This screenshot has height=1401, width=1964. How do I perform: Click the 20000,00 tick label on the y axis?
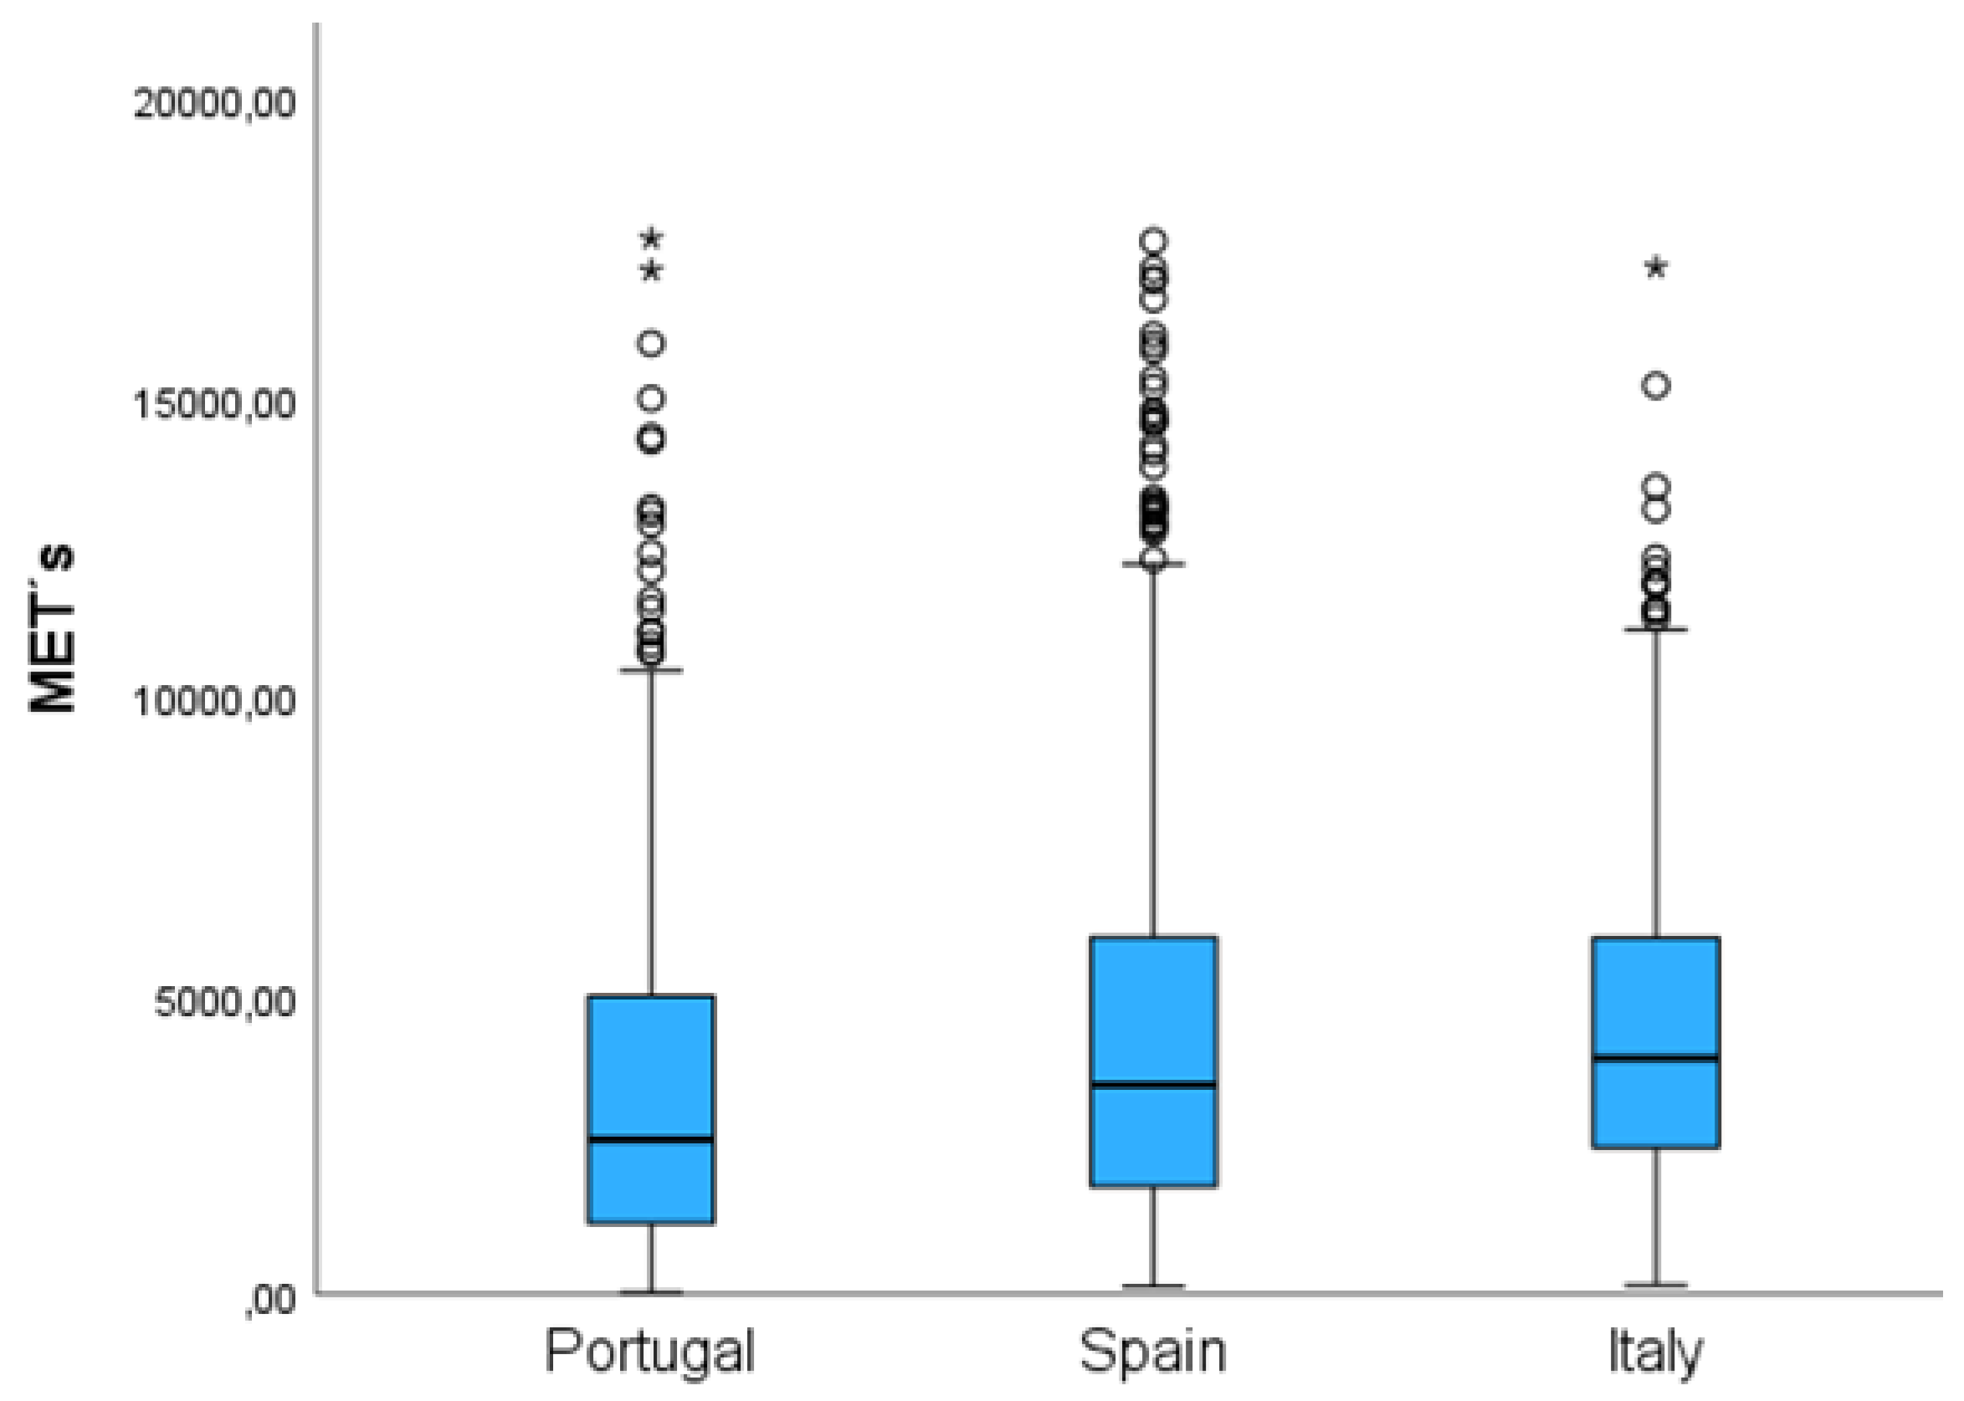[214, 104]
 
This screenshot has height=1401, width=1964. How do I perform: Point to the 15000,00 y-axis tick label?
[214, 404]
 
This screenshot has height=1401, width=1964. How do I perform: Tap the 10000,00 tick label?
[214, 703]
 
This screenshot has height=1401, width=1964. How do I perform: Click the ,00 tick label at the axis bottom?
[269, 1301]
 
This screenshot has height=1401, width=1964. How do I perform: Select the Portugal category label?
[649, 1351]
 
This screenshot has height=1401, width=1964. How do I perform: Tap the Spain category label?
[1153, 1351]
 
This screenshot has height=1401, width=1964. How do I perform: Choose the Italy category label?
[1655, 1352]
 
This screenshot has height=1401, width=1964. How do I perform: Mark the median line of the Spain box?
[1153, 1084]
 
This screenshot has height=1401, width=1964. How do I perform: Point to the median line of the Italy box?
[1655, 1056]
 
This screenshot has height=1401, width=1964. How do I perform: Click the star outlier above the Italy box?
[1655, 268]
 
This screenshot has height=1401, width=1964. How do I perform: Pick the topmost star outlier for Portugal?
[652, 238]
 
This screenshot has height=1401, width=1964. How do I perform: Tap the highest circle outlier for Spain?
[1154, 240]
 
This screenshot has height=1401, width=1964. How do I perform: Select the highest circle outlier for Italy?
[1655, 386]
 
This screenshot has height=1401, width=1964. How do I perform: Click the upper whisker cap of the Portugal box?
[651, 669]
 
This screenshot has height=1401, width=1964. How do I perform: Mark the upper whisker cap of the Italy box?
[1655, 630]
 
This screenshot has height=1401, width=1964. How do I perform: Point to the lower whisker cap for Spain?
[1153, 1286]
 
